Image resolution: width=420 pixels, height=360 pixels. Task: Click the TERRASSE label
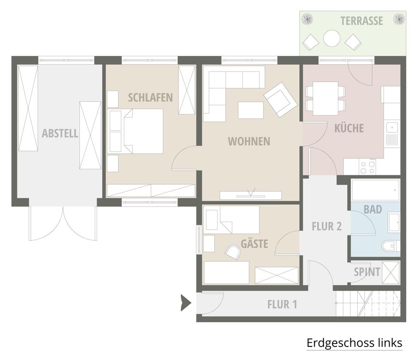click(x=362, y=21)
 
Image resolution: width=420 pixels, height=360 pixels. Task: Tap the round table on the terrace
click(x=332, y=38)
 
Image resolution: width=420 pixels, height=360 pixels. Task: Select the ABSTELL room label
click(x=60, y=133)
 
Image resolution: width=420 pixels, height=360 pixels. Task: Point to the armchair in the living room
click(x=280, y=99)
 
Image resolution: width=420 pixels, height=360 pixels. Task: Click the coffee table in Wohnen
click(x=251, y=110)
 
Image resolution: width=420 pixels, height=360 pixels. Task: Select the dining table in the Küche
click(x=325, y=98)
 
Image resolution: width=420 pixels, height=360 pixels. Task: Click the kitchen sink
click(x=392, y=134)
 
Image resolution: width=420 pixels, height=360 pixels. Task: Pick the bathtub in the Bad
click(x=376, y=190)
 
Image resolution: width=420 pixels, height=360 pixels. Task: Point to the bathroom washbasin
click(x=394, y=222)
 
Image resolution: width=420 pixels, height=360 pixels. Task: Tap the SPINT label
click(x=367, y=272)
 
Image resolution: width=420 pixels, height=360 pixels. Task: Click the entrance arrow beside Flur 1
click(x=186, y=303)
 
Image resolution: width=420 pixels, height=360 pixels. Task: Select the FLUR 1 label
click(x=282, y=305)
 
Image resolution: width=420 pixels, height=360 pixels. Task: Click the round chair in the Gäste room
click(x=233, y=252)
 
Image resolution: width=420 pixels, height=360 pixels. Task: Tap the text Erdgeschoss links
click(x=354, y=343)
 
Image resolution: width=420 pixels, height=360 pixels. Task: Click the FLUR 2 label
click(x=326, y=226)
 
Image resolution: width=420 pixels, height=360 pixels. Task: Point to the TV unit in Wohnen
click(x=251, y=195)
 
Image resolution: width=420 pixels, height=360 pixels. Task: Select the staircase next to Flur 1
click(x=368, y=304)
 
